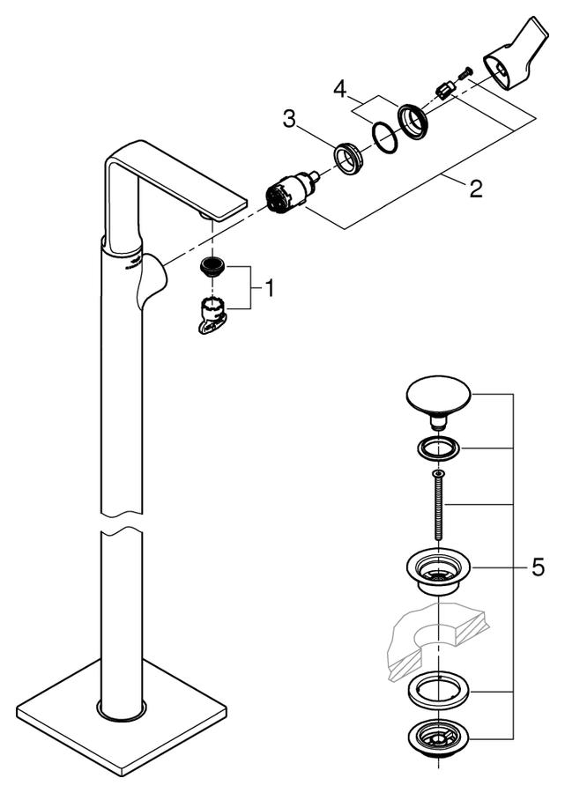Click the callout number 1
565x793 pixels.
269,289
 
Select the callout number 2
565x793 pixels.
475,189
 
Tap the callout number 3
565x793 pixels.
289,120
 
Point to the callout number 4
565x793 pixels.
340,90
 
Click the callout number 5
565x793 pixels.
539,567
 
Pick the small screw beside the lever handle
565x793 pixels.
465,73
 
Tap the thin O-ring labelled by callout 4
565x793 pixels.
385,137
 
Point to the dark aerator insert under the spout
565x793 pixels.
212,266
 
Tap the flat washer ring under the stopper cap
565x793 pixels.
438,448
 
